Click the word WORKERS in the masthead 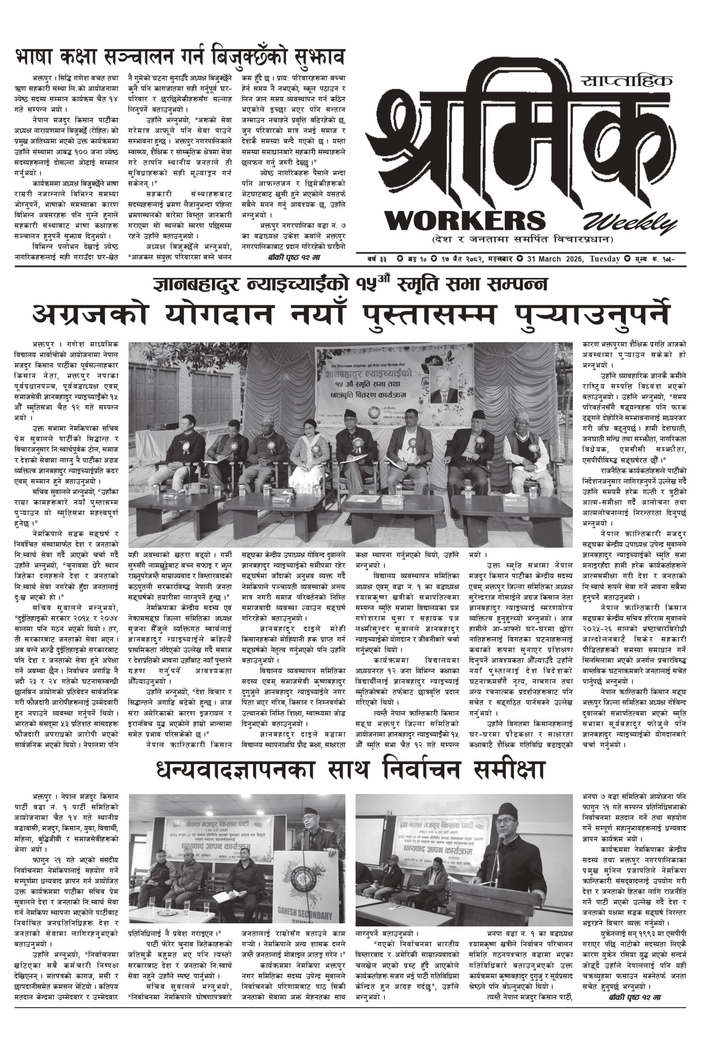(465, 221)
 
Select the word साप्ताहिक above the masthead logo (627, 81)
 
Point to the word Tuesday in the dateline (604, 259)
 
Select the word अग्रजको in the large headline (90, 315)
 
